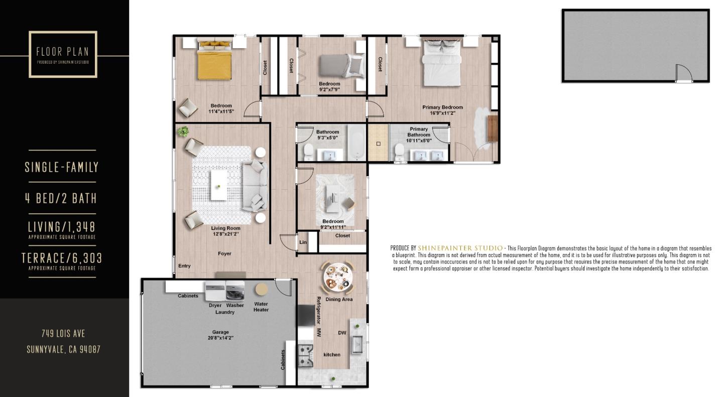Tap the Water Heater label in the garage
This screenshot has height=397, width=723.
261,307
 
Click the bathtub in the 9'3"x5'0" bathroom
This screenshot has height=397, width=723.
357,144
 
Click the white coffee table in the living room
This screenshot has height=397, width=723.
218,186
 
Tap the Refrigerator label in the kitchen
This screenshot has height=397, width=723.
318,310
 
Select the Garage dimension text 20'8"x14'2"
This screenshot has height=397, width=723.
220,338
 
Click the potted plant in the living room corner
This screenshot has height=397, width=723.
183,132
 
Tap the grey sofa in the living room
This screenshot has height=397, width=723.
255,186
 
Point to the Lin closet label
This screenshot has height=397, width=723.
303,242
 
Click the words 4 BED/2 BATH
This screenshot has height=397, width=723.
61,198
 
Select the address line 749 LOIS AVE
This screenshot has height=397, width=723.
63,333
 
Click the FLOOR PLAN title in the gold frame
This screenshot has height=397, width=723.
63,52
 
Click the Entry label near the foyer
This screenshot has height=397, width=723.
184,266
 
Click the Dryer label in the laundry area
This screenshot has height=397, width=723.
215,305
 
